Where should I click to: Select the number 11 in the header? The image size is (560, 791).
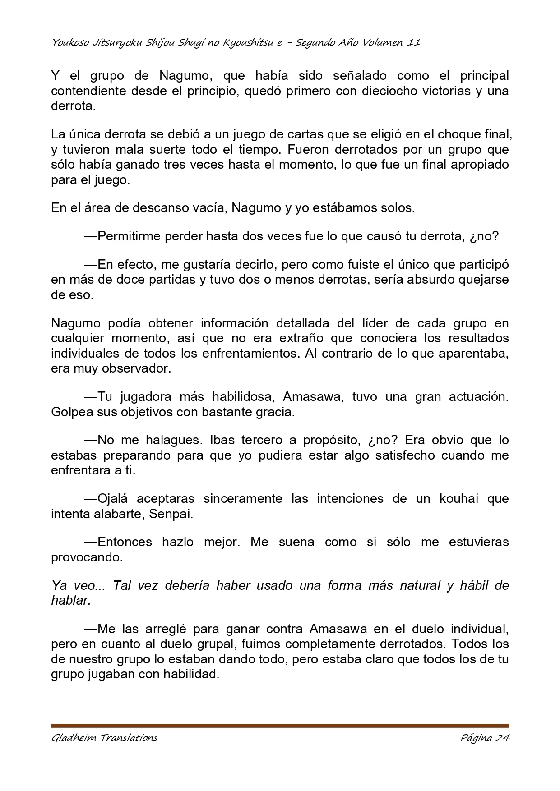414,43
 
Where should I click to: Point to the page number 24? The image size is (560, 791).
502,738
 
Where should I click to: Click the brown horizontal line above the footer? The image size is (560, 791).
280,726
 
